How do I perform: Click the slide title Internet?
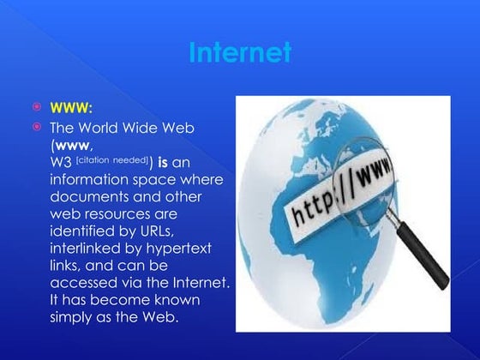coord(239,52)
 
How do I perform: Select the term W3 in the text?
coord(61,162)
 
